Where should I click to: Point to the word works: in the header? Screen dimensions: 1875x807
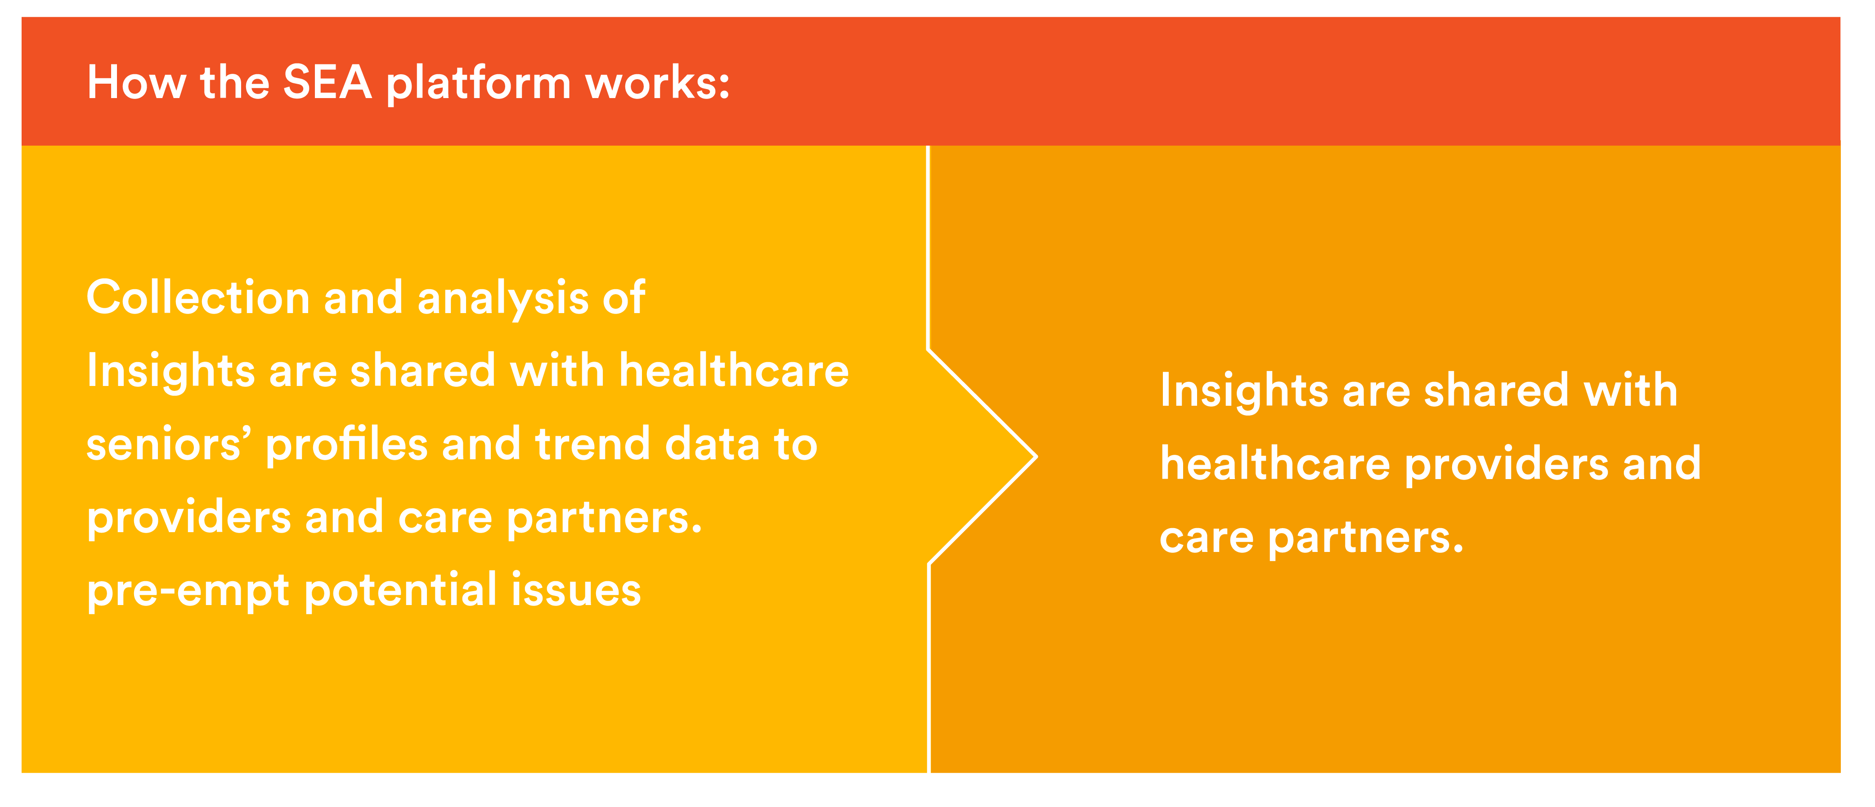coord(657,82)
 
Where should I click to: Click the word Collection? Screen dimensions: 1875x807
coord(198,298)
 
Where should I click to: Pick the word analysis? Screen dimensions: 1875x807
coord(503,298)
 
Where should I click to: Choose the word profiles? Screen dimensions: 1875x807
coord(346,444)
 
